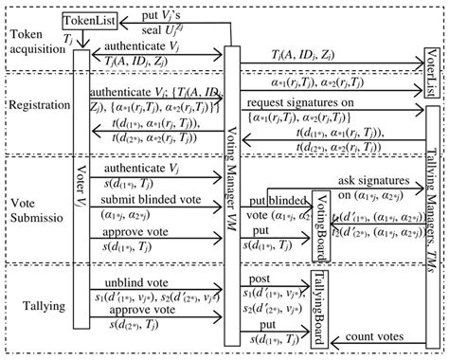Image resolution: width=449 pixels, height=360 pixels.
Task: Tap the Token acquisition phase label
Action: coord(35,42)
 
